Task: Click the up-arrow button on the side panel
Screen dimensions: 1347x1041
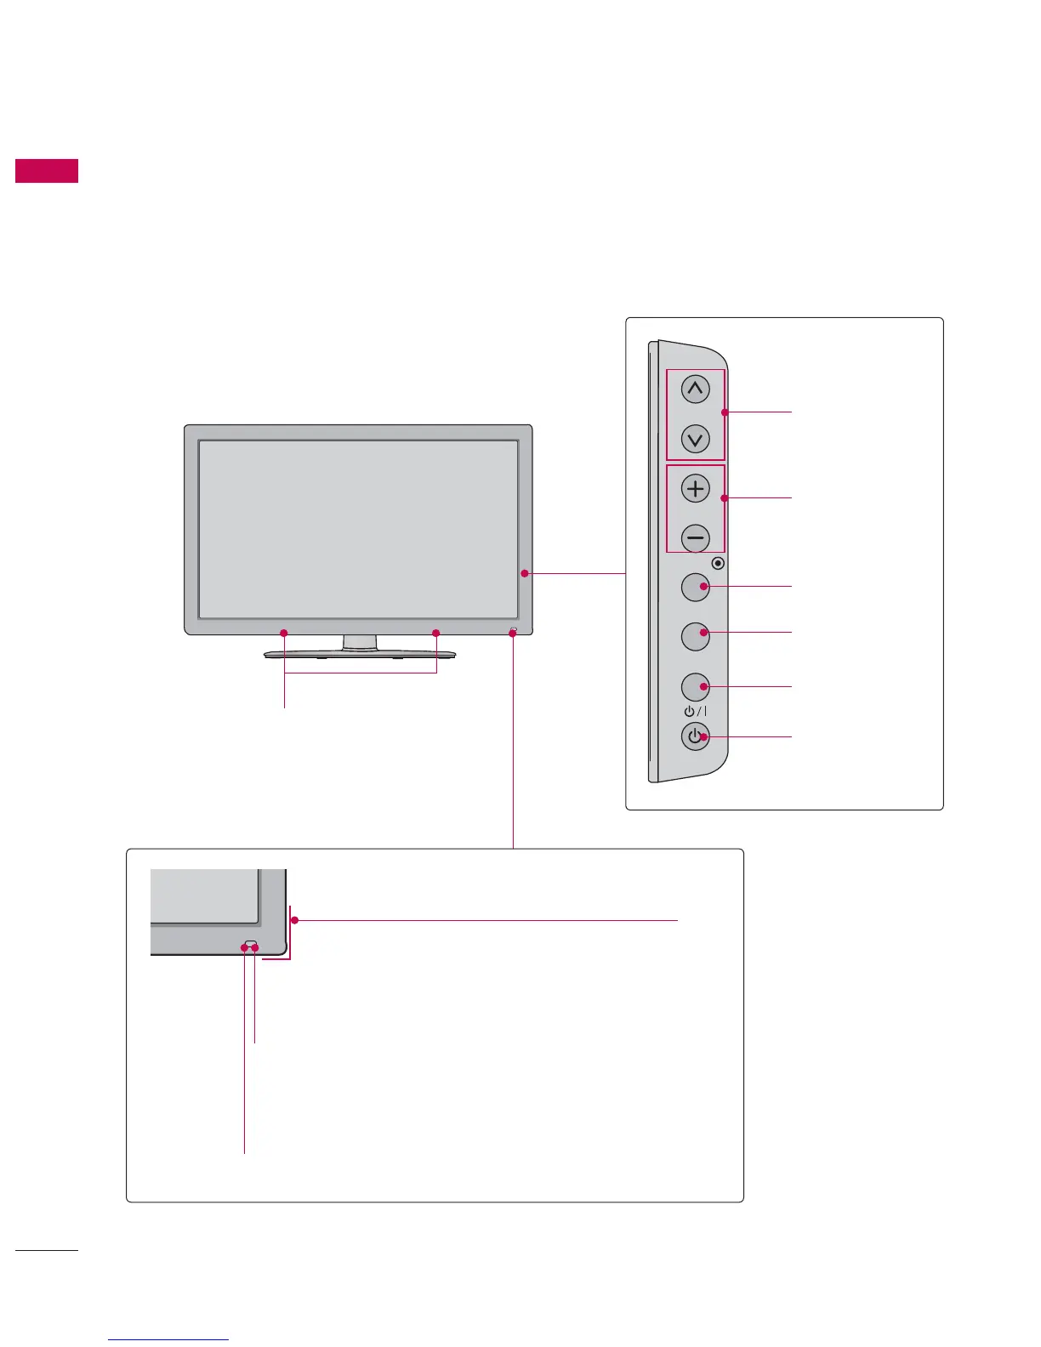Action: pyautogui.click(x=696, y=390)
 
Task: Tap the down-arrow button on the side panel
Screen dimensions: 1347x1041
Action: pyautogui.click(x=696, y=440)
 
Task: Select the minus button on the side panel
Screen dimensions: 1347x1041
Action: pyautogui.click(x=696, y=537)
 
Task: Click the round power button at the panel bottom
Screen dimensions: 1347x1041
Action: pyautogui.click(x=696, y=736)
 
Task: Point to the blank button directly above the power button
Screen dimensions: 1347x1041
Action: pyautogui.click(x=696, y=686)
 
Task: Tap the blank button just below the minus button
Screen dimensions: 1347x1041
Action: pyautogui.click(x=696, y=587)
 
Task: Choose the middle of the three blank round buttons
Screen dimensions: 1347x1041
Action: pyautogui.click(x=696, y=636)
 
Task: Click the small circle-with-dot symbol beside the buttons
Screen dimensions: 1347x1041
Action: pyautogui.click(x=719, y=563)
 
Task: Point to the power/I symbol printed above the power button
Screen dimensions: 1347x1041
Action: pyautogui.click(x=695, y=711)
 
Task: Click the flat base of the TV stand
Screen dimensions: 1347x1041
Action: pyautogui.click(x=360, y=655)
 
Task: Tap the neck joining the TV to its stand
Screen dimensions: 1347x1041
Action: pyautogui.click(x=360, y=642)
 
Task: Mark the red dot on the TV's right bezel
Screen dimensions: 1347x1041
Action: pyautogui.click(x=525, y=574)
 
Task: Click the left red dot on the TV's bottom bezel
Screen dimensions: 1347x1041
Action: pyautogui.click(x=284, y=633)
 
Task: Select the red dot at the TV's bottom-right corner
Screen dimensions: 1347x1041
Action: pyautogui.click(x=513, y=633)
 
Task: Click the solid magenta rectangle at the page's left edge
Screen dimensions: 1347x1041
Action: pyautogui.click(x=47, y=171)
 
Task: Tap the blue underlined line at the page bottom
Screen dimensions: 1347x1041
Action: pyautogui.click(x=169, y=1339)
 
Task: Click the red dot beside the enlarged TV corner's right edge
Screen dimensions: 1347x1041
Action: pyautogui.click(x=295, y=920)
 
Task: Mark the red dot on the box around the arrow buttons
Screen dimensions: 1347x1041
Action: pyautogui.click(x=724, y=413)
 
